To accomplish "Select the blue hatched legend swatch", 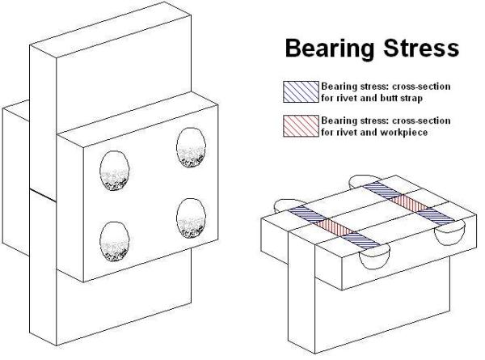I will point(301,91).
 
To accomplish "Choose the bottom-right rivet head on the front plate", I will point(193,218).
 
